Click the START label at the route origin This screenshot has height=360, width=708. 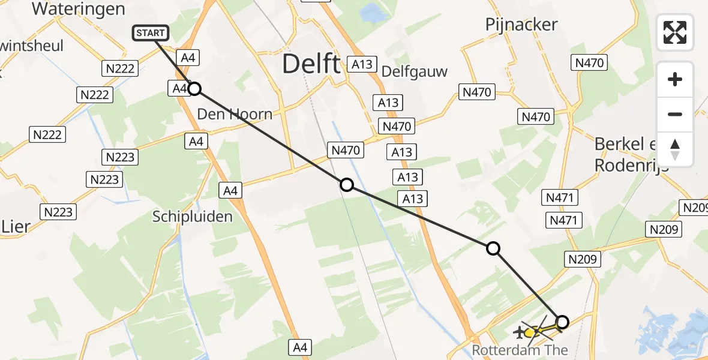(150, 33)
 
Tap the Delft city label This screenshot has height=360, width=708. (311, 63)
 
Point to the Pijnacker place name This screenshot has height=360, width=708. (521, 25)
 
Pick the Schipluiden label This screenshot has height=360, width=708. (192, 217)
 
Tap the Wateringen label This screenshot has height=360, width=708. (79, 9)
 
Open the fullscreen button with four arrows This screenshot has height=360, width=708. (675, 32)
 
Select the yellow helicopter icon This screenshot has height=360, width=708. (530, 332)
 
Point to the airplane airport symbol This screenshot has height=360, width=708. (518, 331)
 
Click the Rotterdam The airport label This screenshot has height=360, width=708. (519, 349)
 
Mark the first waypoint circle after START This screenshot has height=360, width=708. (194, 89)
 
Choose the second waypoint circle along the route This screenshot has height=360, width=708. (346, 185)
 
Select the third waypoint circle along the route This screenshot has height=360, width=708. (493, 248)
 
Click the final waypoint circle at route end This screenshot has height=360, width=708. (562, 322)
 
